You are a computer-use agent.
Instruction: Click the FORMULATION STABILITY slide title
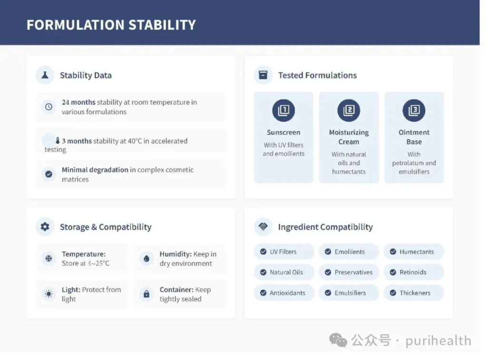coord(111,25)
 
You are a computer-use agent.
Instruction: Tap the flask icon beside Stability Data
coord(45,75)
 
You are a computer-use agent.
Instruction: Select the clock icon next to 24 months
coord(49,107)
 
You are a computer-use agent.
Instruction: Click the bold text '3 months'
coord(77,141)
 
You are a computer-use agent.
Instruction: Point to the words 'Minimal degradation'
coord(95,170)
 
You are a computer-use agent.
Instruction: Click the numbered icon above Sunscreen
coord(283,110)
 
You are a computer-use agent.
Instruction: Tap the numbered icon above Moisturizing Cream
coord(349,110)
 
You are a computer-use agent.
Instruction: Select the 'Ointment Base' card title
coord(414,137)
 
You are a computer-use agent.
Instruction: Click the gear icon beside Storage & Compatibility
coord(45,227)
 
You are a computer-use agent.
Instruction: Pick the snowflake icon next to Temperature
coord(49,258)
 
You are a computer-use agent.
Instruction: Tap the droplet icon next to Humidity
coord(146,258)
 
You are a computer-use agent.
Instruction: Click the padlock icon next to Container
coord(146,294)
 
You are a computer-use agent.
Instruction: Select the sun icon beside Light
coord(49,294)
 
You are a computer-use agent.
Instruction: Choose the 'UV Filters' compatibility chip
coord(284,252)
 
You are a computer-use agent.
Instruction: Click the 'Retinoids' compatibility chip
coord(414,272)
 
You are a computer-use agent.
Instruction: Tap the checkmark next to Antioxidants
coord(263,292)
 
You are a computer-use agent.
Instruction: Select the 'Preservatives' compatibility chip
coord(349,272)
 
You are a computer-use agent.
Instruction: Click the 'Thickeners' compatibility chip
coord(414,292)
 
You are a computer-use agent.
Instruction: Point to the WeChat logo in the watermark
coord(338,340)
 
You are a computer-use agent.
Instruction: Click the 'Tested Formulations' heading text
coord(317,75)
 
